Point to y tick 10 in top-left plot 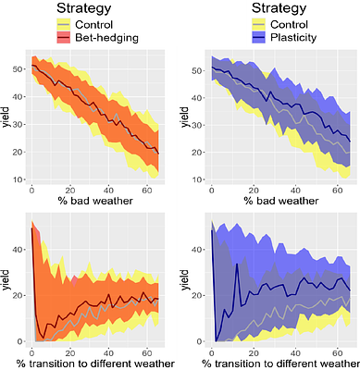point(19,178)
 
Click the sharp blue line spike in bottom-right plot point(237,265)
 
